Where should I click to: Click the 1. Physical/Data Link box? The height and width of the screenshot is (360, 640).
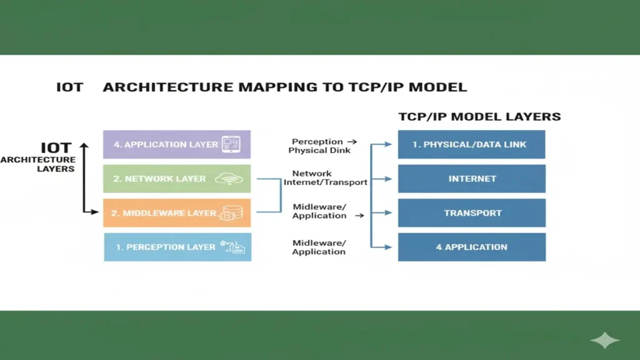[471, 144]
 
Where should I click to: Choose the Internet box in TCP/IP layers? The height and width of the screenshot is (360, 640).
[471, 179]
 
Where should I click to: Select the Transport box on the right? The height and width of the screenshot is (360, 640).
[471, 213]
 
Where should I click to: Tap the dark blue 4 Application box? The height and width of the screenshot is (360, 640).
[471, 247]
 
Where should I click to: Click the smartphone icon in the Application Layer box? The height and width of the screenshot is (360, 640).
[231, 144]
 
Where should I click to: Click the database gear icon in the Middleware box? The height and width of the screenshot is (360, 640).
[227, 213]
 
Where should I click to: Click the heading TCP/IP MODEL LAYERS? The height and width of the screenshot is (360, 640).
[479, 117]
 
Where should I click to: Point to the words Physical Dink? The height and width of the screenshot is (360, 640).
[319, 151]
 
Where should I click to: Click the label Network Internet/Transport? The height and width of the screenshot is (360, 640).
[325, 178]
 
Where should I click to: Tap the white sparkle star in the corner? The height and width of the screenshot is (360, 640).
[604, 341]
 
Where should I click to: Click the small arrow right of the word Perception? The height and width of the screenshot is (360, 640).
[353, 142]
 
